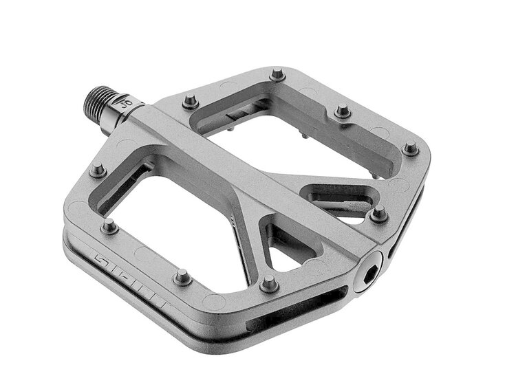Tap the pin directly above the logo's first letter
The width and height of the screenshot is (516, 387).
pos(109,225)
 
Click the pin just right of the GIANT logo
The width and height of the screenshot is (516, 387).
pos(182,277)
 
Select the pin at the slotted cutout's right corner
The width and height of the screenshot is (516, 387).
pos(378,214)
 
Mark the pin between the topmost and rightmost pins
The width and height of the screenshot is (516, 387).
pos(343,111)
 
